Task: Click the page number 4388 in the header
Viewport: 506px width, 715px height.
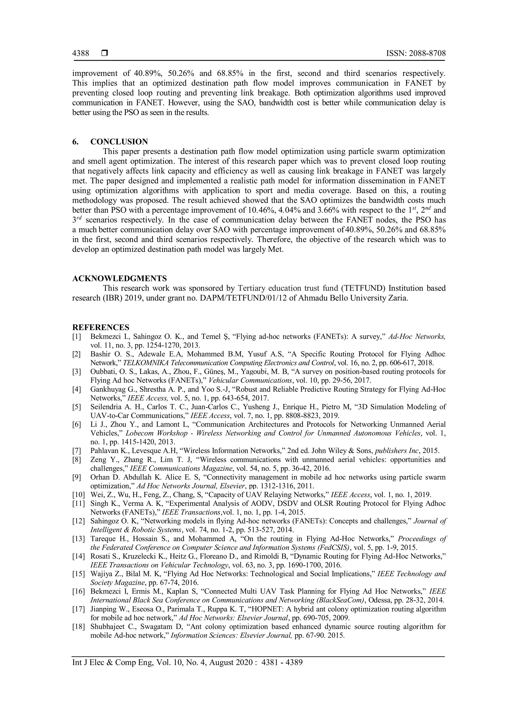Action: tap(81, 53)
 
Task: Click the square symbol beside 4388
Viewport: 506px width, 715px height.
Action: tap(104, 53)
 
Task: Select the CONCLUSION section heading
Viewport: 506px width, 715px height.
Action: tap(119, 142)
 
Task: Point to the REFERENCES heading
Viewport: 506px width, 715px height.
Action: tap(101, 327)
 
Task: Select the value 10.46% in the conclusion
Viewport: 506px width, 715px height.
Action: tap(262, 210)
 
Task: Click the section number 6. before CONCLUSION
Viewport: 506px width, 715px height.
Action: tap(75, 142)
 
